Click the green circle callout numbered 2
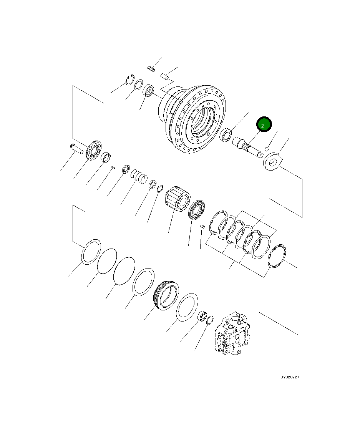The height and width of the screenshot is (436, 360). [x=264, y=124]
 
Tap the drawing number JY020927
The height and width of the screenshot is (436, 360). [x=289, y=377]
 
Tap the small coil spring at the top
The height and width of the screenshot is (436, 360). [x=151, y=69]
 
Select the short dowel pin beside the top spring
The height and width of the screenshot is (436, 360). [x=165, y=76]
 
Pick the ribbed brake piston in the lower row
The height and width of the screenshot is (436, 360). [x=166, y=294]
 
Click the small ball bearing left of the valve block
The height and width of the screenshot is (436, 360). [x=202, y=317]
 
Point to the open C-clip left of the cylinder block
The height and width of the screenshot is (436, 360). [x=161, y=188]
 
